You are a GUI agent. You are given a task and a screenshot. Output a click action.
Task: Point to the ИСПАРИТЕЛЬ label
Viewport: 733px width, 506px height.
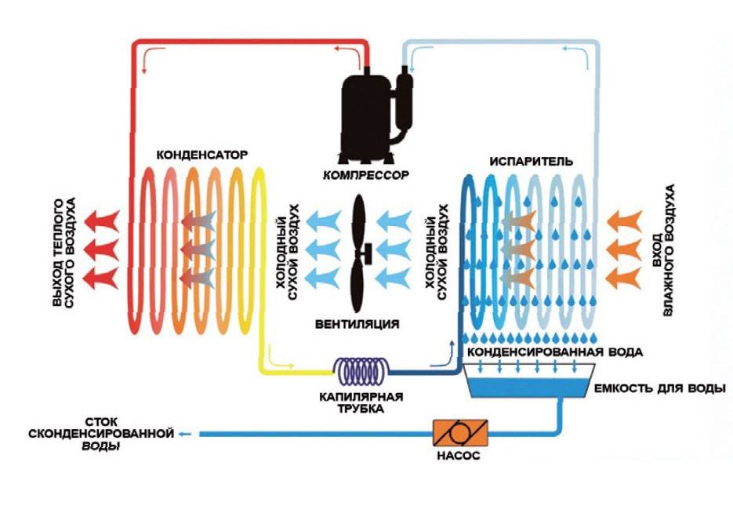(x=532, y=161)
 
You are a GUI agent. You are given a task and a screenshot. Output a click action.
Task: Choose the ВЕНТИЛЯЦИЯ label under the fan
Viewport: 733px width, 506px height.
(x=357, y=324)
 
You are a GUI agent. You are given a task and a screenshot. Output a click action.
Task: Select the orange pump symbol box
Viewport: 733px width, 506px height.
(x=460, y=432)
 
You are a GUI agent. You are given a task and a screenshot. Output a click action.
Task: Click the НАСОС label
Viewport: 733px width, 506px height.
(x=460, y=456)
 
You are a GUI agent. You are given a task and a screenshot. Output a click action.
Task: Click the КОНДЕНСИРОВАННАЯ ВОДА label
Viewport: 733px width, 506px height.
(x=555, y=352)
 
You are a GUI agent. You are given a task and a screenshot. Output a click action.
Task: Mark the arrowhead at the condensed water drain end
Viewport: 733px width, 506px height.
(x=183, y=433)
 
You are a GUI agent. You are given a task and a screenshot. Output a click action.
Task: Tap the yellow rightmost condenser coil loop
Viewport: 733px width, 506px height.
(x=259, y=251)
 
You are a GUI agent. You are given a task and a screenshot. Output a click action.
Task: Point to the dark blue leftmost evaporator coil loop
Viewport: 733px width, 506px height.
(x=469, y=251)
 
